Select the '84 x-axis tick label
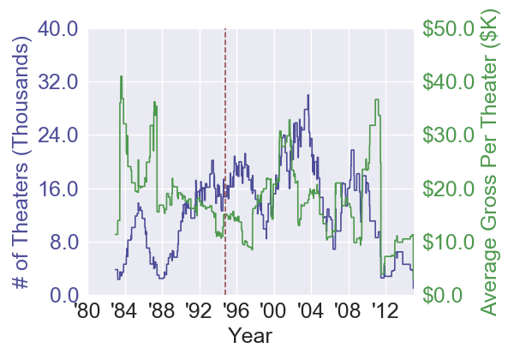pyautogui.click(x=125, y=309)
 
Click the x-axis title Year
pyautogui.click(x=250, y=335)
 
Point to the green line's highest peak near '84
pyautogui.click(x=121, y=76)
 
